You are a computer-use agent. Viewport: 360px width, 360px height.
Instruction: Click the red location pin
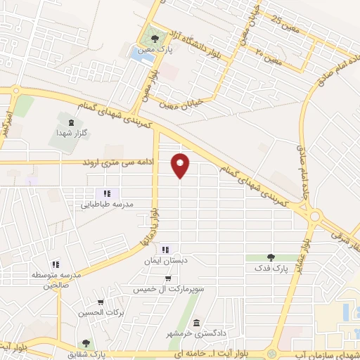click(181, 165)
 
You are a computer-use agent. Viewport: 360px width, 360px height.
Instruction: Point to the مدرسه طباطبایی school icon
click(106, 193)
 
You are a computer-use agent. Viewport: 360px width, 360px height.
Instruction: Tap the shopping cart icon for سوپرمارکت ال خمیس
click(167, 278)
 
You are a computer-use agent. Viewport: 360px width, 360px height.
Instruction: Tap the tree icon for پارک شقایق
click(86, 343)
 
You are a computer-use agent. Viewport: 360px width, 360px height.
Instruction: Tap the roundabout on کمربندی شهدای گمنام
click(314, 217)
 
